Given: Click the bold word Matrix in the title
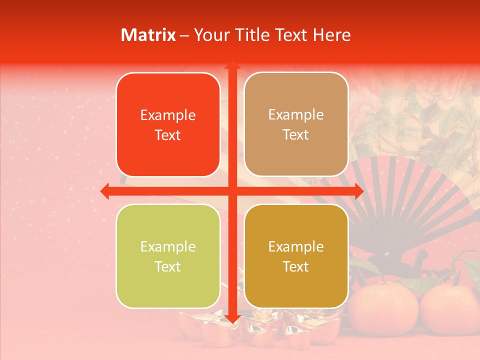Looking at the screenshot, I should pyautogui.click(x=148, y=35).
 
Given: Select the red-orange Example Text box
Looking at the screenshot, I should pyautogui.click(x=168, y=124).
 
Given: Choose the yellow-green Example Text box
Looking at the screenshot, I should pyautogui.click(x=168, y=256).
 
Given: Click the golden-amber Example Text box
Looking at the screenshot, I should pyautogui.click(x=296, y=256).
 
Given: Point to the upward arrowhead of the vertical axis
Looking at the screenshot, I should pyautogui.click(x=232, y=64).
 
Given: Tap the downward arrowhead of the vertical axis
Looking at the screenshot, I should pyautogui.click(x=232, y=318).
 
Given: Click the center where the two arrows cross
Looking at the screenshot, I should pyautogui.click(x=232, y=191).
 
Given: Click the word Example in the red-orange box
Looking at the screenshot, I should pyautogui.click(x=168, y=115).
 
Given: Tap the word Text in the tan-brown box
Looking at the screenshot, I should pyautogui.click(x=296, y=134).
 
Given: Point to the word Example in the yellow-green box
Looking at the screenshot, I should pyautogui.click(x=168, y=246).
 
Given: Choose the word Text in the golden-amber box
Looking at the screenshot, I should pyautogui.click(x=296, y=266).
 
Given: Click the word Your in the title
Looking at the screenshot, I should pyautogui.click(x=210, y=35).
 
